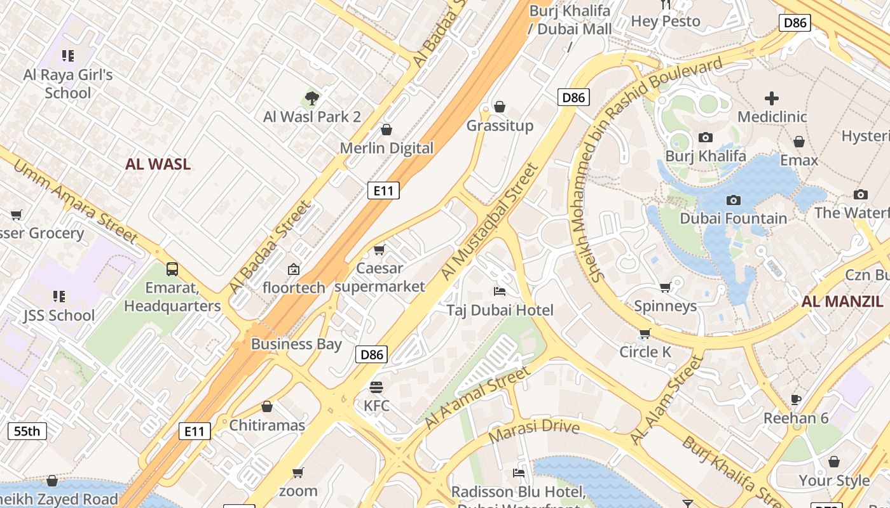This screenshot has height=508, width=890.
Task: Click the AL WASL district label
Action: (x=158, y=164)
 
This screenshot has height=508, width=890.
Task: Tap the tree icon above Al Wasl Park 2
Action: (x=311, y=98)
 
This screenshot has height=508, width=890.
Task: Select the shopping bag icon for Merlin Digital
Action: (x=386, y=130)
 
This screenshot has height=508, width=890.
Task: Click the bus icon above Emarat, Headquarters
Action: (x=172, y=269)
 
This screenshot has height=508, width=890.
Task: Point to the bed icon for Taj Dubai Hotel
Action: (x=500, y=291)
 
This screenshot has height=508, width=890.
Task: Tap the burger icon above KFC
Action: (x=376, y=387)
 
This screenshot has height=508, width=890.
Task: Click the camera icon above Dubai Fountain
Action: (x=733, y=200)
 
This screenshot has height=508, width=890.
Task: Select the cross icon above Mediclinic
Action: (x=772, y=98)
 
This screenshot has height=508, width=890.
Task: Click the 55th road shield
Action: (x=27, y=431)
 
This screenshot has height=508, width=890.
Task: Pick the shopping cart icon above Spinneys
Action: (x=665, y=288)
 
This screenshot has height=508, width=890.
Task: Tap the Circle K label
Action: (x=645, y=352)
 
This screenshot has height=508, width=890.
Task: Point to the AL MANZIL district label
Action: (x=842, y=302)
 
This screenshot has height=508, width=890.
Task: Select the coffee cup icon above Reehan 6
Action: (x=796, y=399)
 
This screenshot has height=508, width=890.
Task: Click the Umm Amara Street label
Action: (x=75, y=202)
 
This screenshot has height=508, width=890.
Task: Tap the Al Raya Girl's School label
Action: (x=68, y=84)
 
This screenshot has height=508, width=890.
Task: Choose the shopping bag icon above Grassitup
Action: (x=500, y=107)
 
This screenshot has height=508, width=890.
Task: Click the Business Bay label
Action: (x=296, y=344)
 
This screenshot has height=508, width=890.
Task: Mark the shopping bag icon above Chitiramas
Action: (x=267, y=406)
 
